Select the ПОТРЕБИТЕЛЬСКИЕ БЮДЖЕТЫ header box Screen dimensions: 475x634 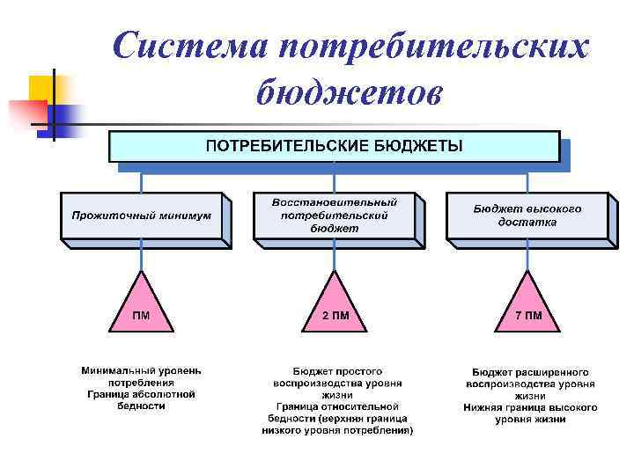[334, 146]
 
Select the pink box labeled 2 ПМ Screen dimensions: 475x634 [335, 317]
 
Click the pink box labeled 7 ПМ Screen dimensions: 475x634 [527, 317]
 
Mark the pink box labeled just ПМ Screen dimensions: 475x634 [141, 317]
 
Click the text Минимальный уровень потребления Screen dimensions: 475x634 [141, 377]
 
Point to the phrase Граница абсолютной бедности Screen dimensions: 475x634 [141, 400]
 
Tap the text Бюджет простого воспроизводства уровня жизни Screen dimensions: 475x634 [337, 384]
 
